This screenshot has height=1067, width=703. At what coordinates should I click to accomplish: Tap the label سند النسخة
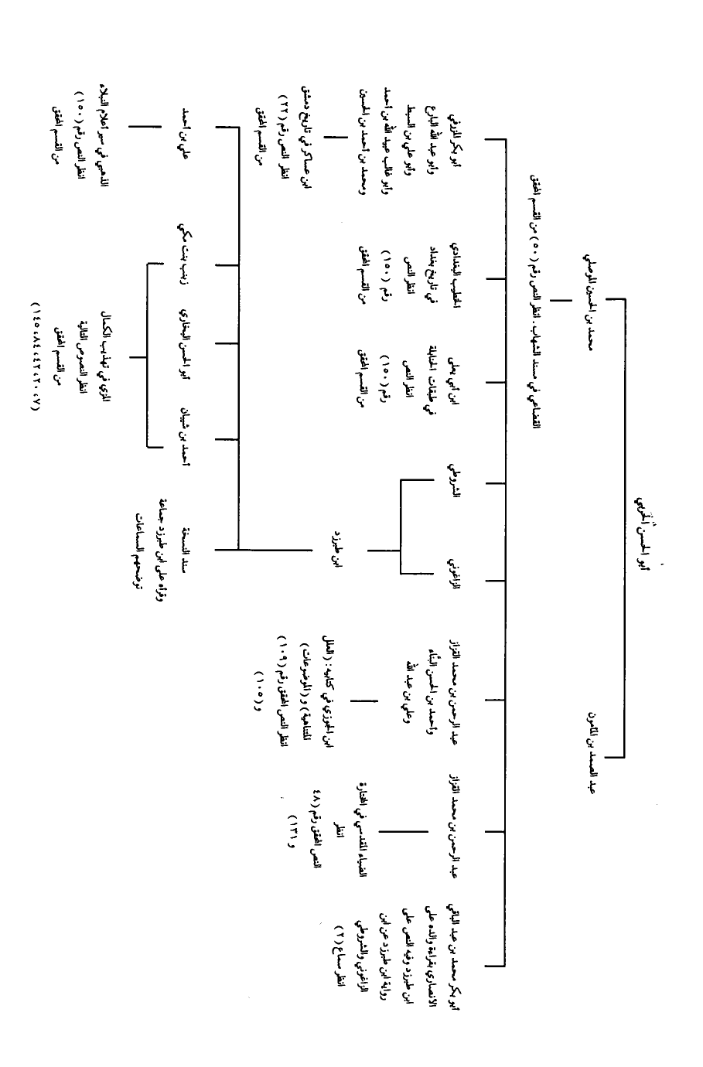184,551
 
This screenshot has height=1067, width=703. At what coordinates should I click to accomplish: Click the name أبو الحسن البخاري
184,343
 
